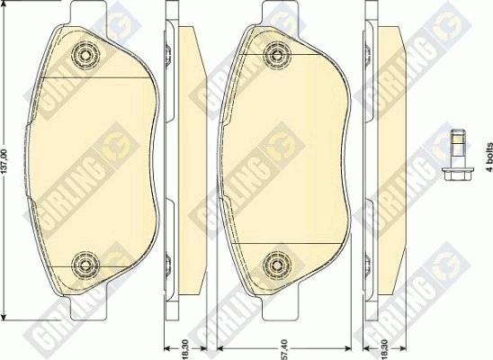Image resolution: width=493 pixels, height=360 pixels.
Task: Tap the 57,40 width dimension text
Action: click(x=283, y=348)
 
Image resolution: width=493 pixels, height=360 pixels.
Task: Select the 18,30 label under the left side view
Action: click(x=185, y=348)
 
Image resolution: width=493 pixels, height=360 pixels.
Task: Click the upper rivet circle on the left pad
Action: click(x=85, y=55)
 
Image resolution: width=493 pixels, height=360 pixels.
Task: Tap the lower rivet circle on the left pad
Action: click(x=85, y=265)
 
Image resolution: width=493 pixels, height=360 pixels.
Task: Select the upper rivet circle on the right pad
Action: click(x=277, y=55)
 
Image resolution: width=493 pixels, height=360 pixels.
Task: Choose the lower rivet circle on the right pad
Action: click(x=277, y=265)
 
